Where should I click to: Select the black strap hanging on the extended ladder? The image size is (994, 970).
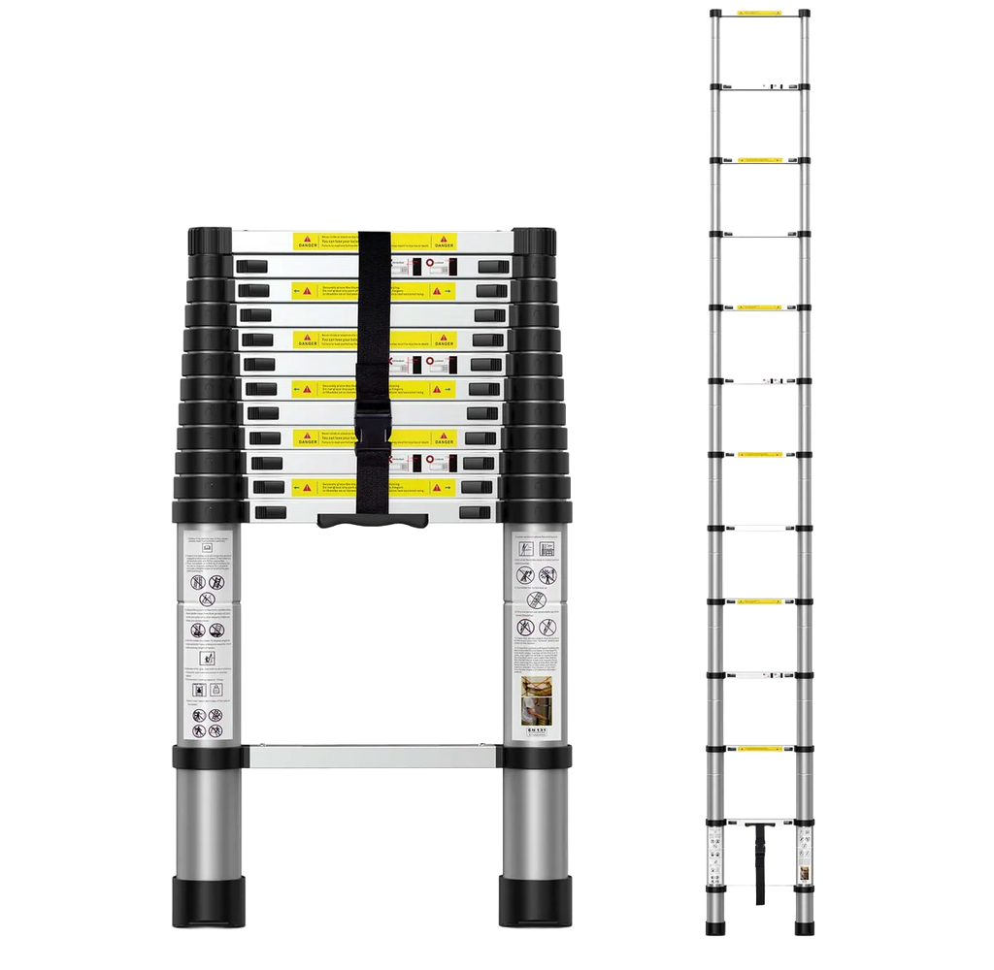tap(755, 863)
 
